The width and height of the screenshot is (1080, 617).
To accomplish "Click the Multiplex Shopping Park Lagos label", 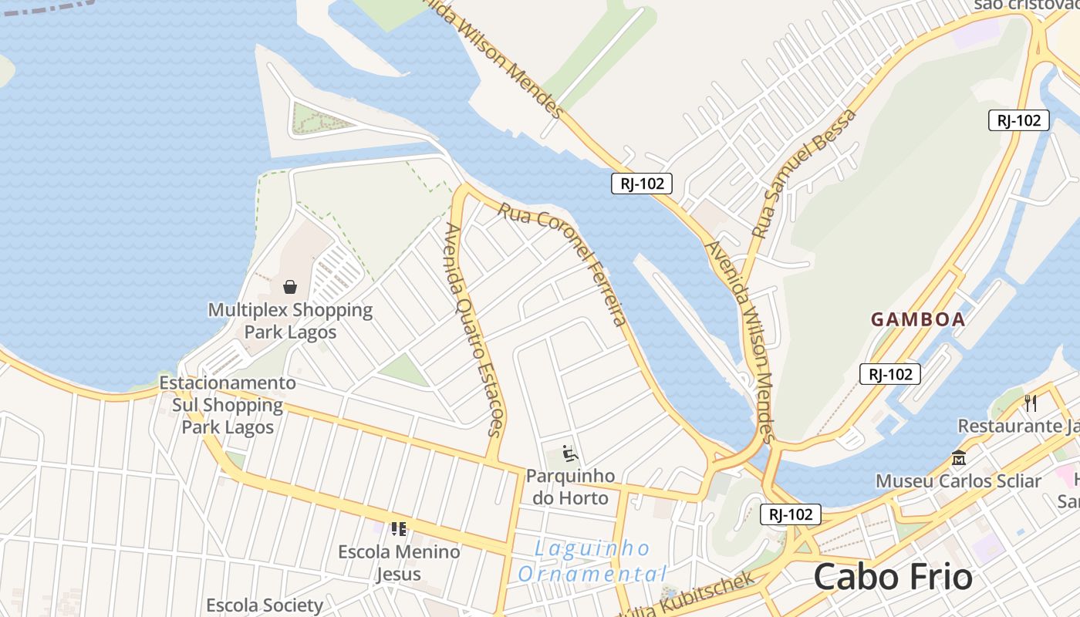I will tap(290, 321).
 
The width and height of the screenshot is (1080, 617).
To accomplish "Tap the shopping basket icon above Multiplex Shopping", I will tap(290, 287).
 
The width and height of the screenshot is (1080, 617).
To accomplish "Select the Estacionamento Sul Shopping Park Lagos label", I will tap(228, 405).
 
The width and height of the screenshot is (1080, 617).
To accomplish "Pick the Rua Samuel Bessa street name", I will tap(805, 173).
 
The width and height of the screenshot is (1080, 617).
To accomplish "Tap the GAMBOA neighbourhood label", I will tap(918, 319).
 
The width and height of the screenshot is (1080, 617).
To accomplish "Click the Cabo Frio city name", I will tap(893, 577).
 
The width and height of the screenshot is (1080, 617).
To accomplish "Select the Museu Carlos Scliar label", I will tap(958, 481).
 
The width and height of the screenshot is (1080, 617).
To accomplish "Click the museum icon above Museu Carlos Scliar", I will tap(959, 458).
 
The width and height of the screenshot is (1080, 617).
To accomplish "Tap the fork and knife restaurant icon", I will tap(1030, 403).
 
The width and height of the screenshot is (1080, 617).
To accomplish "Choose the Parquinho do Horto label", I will tap(570, 487).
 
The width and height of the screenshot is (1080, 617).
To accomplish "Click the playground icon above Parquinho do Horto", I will tap(570, 454).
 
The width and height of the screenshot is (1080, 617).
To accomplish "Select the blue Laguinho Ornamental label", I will tap(592, 561).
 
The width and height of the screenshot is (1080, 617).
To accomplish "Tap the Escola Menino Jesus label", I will tap(399, 562).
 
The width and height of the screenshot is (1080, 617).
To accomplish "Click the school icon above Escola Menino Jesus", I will tap(399, 529).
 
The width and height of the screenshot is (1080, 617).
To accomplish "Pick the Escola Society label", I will tap(265, 605).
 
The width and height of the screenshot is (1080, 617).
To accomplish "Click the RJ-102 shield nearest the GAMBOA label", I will tap(890, 374).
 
